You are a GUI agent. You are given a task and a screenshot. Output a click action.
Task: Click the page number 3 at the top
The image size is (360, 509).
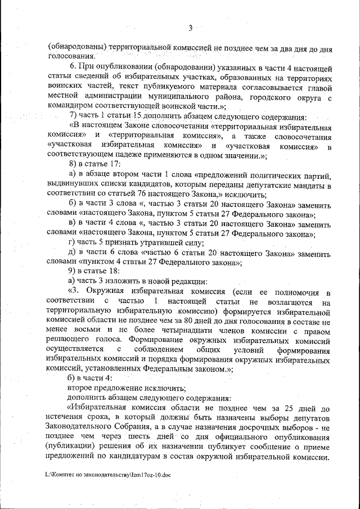click(x=190, y=28)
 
